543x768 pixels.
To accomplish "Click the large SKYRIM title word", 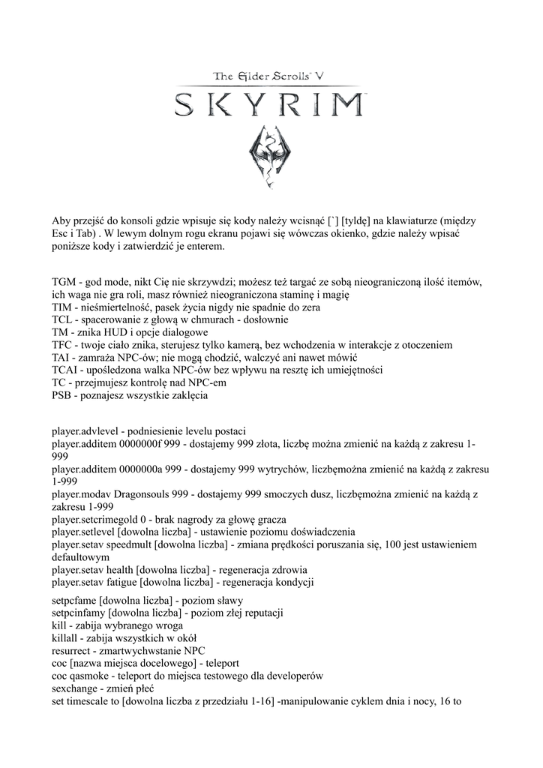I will [271, 104].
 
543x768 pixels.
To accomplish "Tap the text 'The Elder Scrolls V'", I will [270, 75].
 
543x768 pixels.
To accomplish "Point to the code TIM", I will [63, 307].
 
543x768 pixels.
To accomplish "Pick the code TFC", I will [63, 344].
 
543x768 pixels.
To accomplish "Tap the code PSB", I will [63, 395].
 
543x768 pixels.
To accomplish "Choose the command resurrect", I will [71, 650].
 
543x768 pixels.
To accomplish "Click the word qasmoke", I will [89, 676].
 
